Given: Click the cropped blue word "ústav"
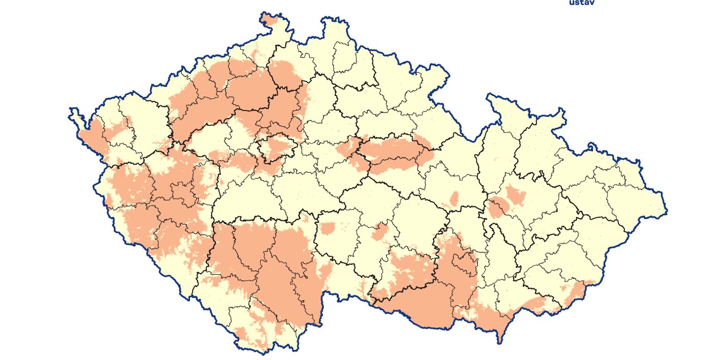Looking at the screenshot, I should click(x=581, y=3).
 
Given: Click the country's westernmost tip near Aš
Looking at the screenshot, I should click(x=72, y=110).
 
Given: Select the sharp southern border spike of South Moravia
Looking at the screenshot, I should click(x=500, y=338).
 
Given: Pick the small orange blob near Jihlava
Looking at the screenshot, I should click(x=381, y=231).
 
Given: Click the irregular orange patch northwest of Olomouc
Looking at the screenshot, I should click(x=515, y=195).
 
